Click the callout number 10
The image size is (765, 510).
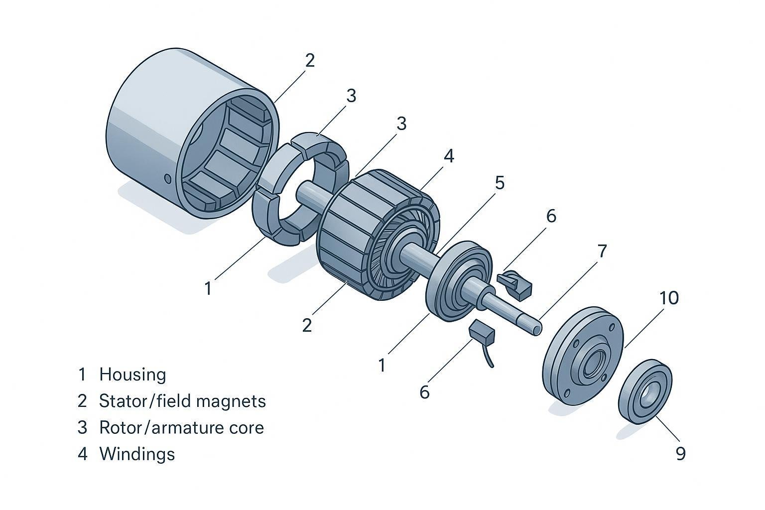(x=669, y=298)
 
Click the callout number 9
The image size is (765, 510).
(x=681, y=453)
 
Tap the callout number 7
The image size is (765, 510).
(x=602, y=251)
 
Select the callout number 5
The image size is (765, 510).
(x=500, y=183)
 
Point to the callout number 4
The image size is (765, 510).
(x=449, y=156)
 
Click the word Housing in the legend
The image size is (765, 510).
(x=132, y=374)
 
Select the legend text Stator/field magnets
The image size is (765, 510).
(x=182, y=400)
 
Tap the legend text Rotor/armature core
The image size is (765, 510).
(x=181, y=427)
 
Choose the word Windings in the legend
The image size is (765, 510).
(x=137, y=454)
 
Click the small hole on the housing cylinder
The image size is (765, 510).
(x=167, y=178)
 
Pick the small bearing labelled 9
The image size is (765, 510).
(x=645, y=391)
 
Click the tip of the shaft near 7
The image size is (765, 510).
(x=537, y=329)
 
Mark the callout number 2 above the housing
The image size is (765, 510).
(x=310, y=60)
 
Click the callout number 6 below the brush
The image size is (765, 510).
(x=424, y=392)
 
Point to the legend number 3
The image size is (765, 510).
(x=82, y=427)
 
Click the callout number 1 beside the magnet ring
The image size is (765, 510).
(x=208, y=288)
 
